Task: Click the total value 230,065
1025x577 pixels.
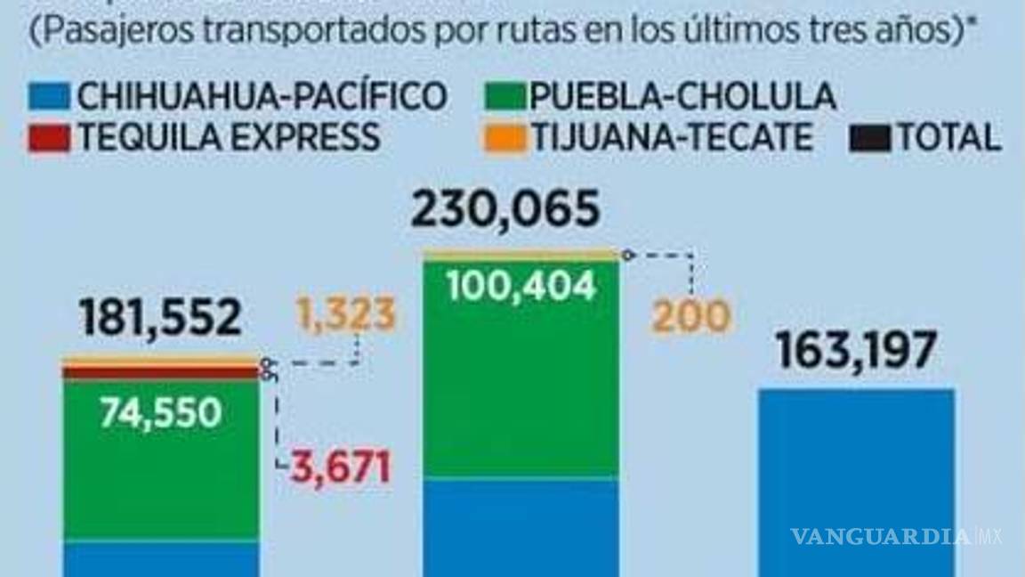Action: point(504,212)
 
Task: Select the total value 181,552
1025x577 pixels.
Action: point(160,317)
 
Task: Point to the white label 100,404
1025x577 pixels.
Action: point(520,286)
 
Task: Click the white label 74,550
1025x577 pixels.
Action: point(160,412)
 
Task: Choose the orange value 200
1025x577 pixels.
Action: point(690,317)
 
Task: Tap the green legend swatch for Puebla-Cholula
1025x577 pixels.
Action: point(506,95)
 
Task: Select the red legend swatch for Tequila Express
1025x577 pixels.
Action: point(49,138)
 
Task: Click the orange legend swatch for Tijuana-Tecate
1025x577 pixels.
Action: point(506,138)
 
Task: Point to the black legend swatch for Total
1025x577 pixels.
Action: point(870,138)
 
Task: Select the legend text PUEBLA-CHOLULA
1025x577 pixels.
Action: point(682,95)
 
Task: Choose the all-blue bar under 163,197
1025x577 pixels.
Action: point(856,481)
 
